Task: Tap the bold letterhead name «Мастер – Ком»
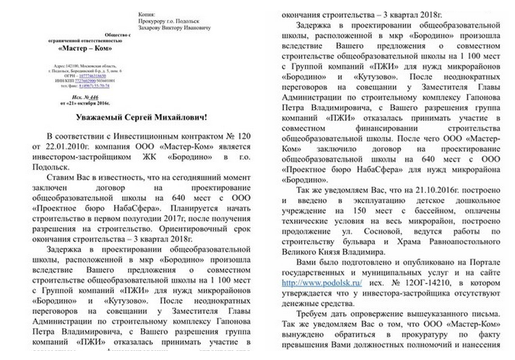click(84, 49)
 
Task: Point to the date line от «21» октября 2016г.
click(85, 103)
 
